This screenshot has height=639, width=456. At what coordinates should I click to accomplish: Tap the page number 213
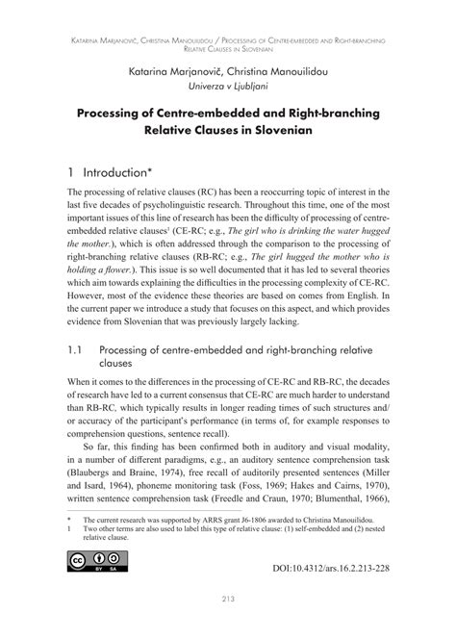[227, 626]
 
